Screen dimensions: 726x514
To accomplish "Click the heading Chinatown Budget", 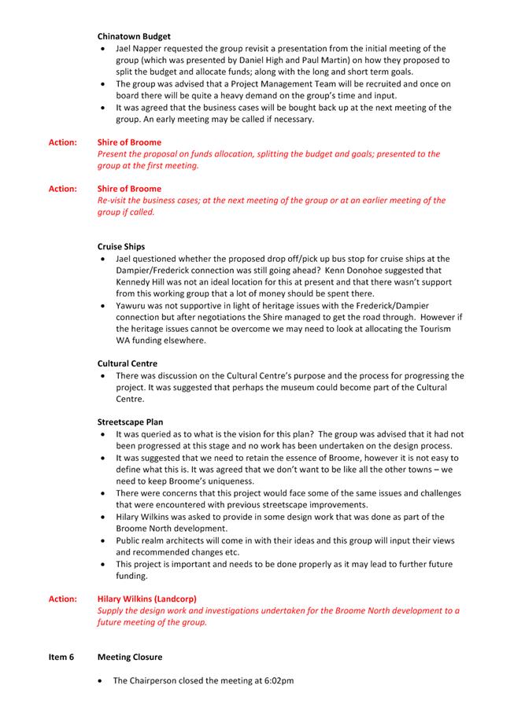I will coord(134,36).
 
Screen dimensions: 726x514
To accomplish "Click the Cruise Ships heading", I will coord(121,246).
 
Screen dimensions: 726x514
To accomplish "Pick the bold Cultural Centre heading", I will coord(128,363).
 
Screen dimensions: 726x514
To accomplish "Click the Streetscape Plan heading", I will coord(131,422).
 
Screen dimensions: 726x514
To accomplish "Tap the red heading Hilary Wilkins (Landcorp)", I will coord(147,599).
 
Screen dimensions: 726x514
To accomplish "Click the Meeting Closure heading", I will coord(131,657).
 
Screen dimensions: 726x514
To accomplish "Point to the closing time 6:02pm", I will coord(278,680).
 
